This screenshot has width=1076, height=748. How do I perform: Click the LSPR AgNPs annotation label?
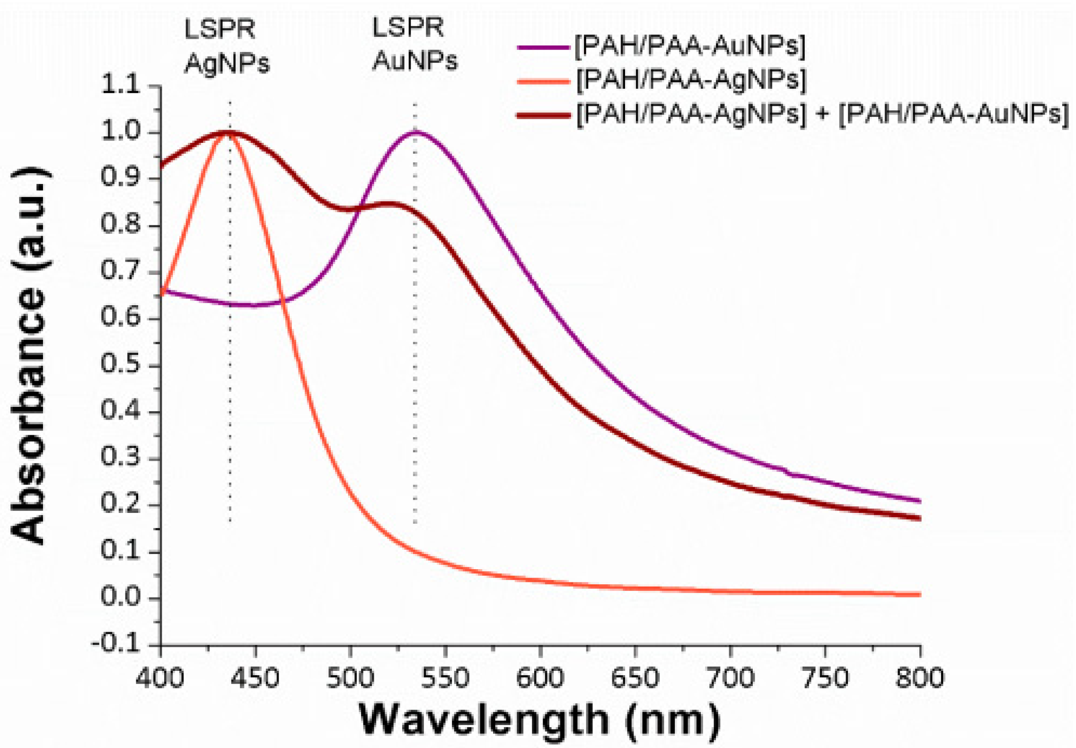tap(226, 46)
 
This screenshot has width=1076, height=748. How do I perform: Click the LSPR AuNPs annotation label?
tap(414, 44)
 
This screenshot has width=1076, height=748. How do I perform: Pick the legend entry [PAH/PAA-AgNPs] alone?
tap(690, 80)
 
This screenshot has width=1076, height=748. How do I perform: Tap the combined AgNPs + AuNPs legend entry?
tap(822, 114)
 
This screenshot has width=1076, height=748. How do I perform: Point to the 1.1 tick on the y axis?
tap(121, 86)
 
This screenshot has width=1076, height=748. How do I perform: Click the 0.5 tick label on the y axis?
tap(121, 365)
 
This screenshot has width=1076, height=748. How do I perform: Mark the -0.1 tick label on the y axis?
tap(116, 644)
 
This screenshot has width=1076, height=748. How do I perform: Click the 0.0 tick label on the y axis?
tap(121, 598)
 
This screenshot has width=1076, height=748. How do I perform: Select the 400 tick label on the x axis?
tap(160, 678)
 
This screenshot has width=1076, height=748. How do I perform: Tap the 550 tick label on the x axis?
tap(445, 678)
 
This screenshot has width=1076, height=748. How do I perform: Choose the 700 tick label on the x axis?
tap(730, 678)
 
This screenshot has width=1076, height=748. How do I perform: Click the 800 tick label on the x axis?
tap(919, 678)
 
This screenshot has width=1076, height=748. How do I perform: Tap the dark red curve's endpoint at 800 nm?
tap(919, 519)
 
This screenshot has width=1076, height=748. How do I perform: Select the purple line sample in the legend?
tap(543, 47)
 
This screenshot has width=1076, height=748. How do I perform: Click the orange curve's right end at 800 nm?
tap(919, 595)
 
